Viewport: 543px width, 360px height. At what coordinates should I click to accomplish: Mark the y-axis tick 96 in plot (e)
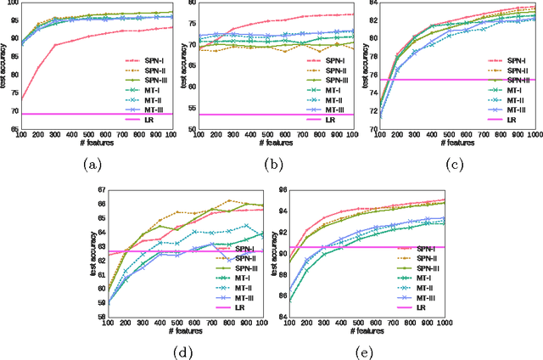click(281, 189)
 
